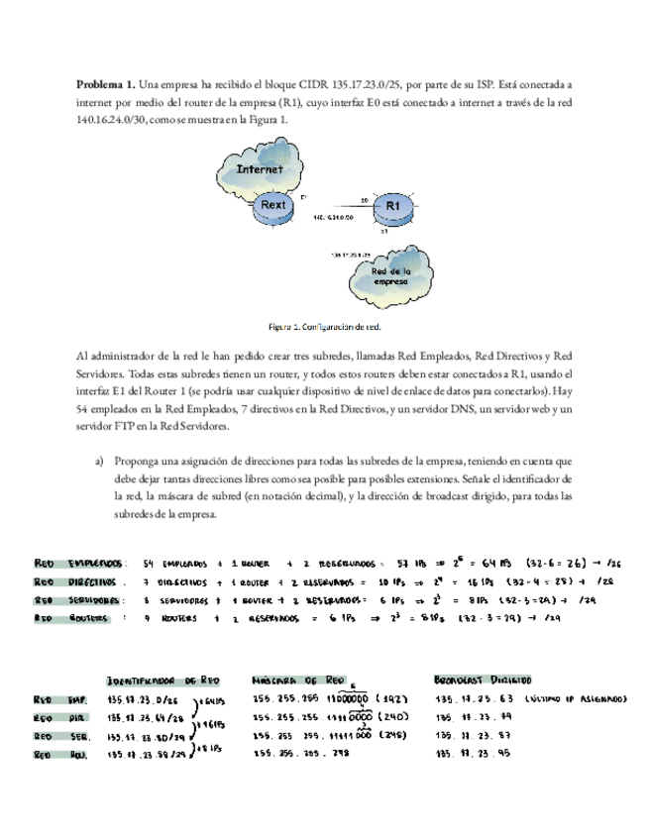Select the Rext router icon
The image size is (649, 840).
pos(272,205)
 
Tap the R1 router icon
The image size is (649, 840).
pos(393,204)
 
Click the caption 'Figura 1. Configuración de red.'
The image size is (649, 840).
pos(324,326)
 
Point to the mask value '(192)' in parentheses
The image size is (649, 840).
pos(392,699)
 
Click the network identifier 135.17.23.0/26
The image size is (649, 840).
pos(148,699)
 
